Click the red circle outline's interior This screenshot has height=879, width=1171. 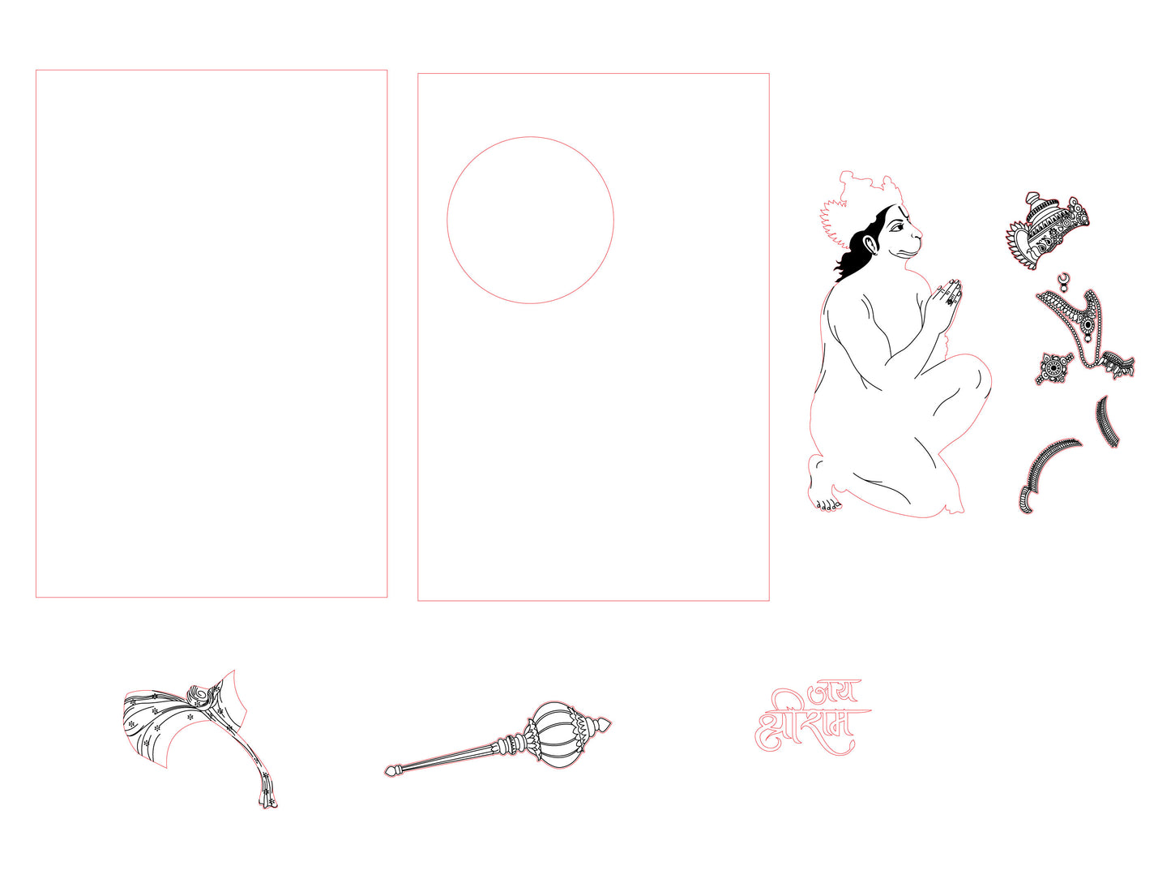[x=530, y=220]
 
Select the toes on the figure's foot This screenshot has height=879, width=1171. [x=826, y=505]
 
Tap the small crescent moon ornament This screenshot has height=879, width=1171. [x=1063, y=278]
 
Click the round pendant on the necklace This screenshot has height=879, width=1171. [x=1088, y=324]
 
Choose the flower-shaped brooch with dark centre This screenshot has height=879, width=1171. [x=1053, y=367]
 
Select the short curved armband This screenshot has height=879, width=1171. [x=1108, y=421]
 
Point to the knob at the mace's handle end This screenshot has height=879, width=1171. [x=391, y=770]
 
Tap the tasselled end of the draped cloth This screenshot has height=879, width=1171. [x=268, y=795]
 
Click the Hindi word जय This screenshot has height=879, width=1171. [x=832, y=692]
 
